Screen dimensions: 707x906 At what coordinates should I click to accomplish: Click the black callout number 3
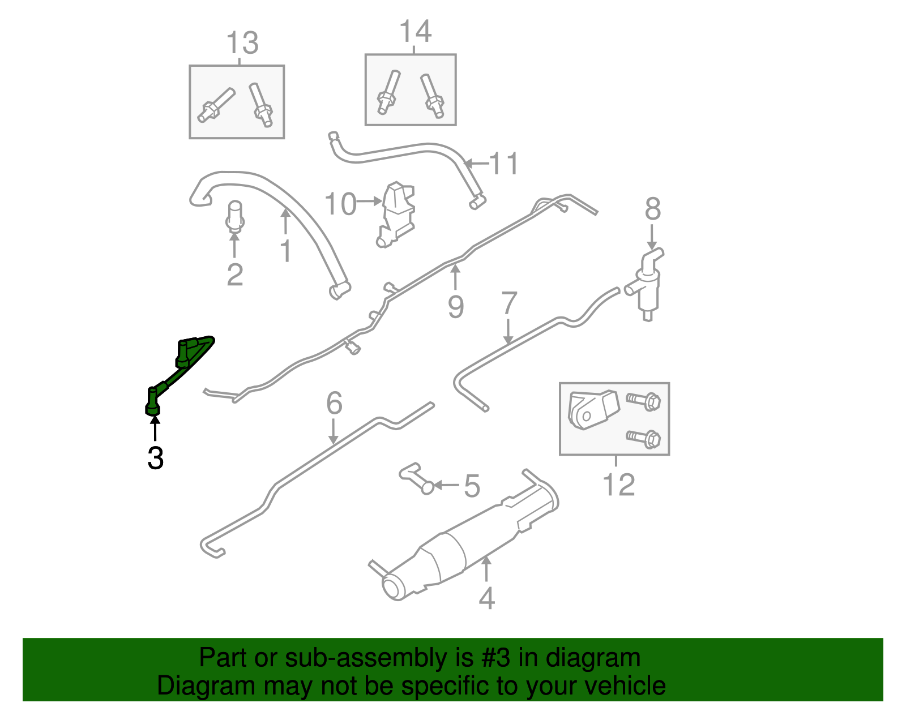point(155,458)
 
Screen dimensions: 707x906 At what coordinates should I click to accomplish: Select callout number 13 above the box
point(242,44)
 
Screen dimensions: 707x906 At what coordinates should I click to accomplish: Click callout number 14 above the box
point(416,32)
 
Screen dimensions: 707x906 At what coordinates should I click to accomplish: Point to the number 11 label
point(503,164)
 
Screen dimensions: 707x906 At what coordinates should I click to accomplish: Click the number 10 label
point(340,204)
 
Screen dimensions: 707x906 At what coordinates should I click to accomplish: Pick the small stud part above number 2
point(235,217)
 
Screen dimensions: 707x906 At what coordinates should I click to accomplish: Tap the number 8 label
point(652,209)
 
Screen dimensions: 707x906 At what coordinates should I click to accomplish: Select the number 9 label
point(456,306)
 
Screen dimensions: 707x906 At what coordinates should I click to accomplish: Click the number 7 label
point(509,303)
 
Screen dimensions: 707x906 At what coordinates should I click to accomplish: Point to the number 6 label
point(334,404)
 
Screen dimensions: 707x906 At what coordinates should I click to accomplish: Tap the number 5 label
point(472,486)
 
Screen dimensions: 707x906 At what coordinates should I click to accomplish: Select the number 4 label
point(486,598)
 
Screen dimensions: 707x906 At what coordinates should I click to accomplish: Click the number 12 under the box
point(618,485)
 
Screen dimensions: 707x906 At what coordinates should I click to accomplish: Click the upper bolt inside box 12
point(644,401)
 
